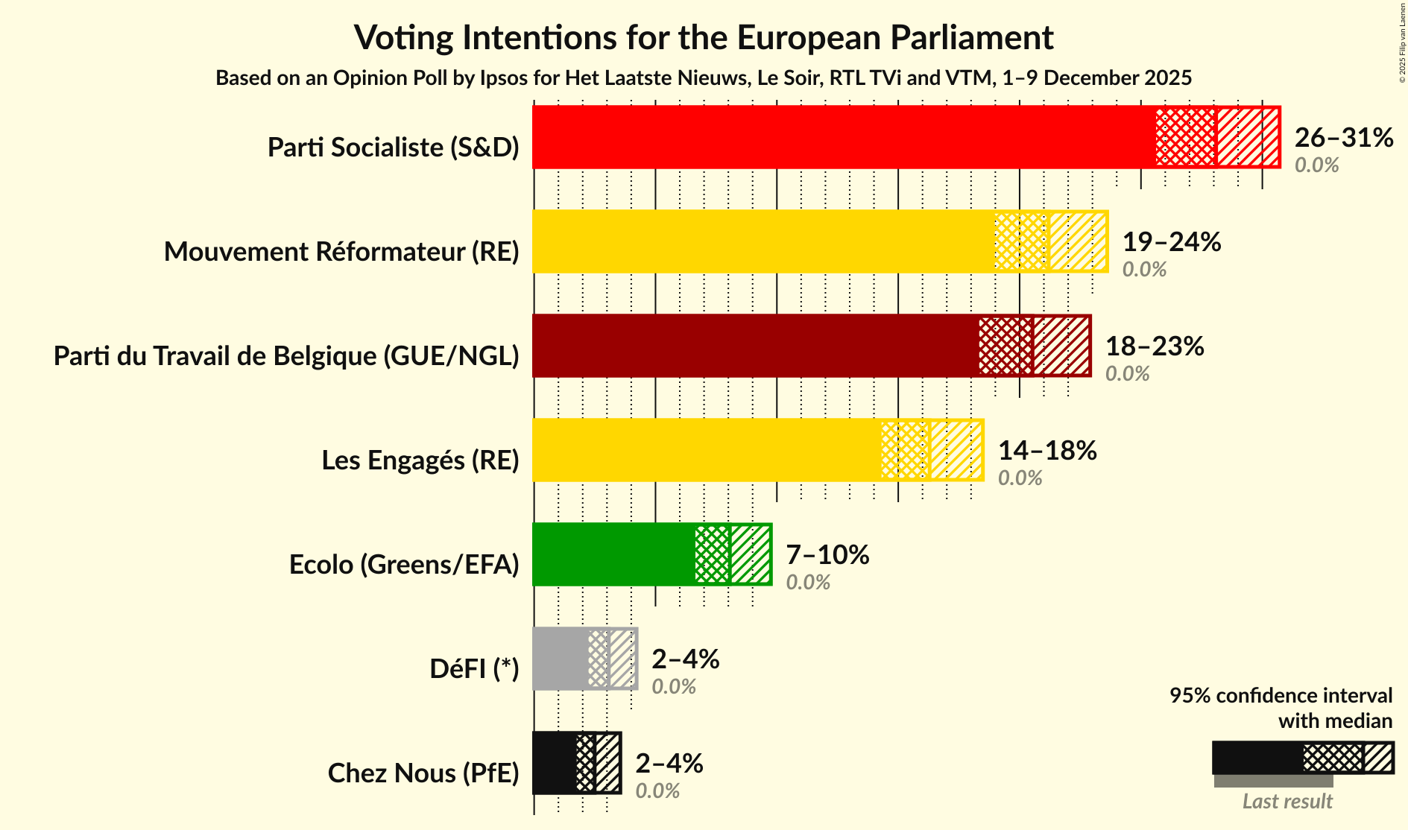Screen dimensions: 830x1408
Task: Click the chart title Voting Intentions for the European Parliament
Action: click(x=704, y=37)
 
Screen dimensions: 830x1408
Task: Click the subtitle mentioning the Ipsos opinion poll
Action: click(x=704, y=78)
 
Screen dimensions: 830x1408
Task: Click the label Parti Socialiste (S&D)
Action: click(x=393, y=148)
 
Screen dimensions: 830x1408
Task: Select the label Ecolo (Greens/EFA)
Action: click(x=403, y=565)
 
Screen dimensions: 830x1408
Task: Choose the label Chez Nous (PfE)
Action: click(x=423, y=773)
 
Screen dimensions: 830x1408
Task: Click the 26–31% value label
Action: click(x=1343, y=138)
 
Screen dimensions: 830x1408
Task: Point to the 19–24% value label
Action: click(x=1171, y=242)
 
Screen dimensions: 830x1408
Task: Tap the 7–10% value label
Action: click(x=827, y=555)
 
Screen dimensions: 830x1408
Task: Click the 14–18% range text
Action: click(x=1046, y=451)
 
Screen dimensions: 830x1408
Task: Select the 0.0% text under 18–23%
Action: click(x=1127, y=374)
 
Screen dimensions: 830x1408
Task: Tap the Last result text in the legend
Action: click(x=1287, y=802)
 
